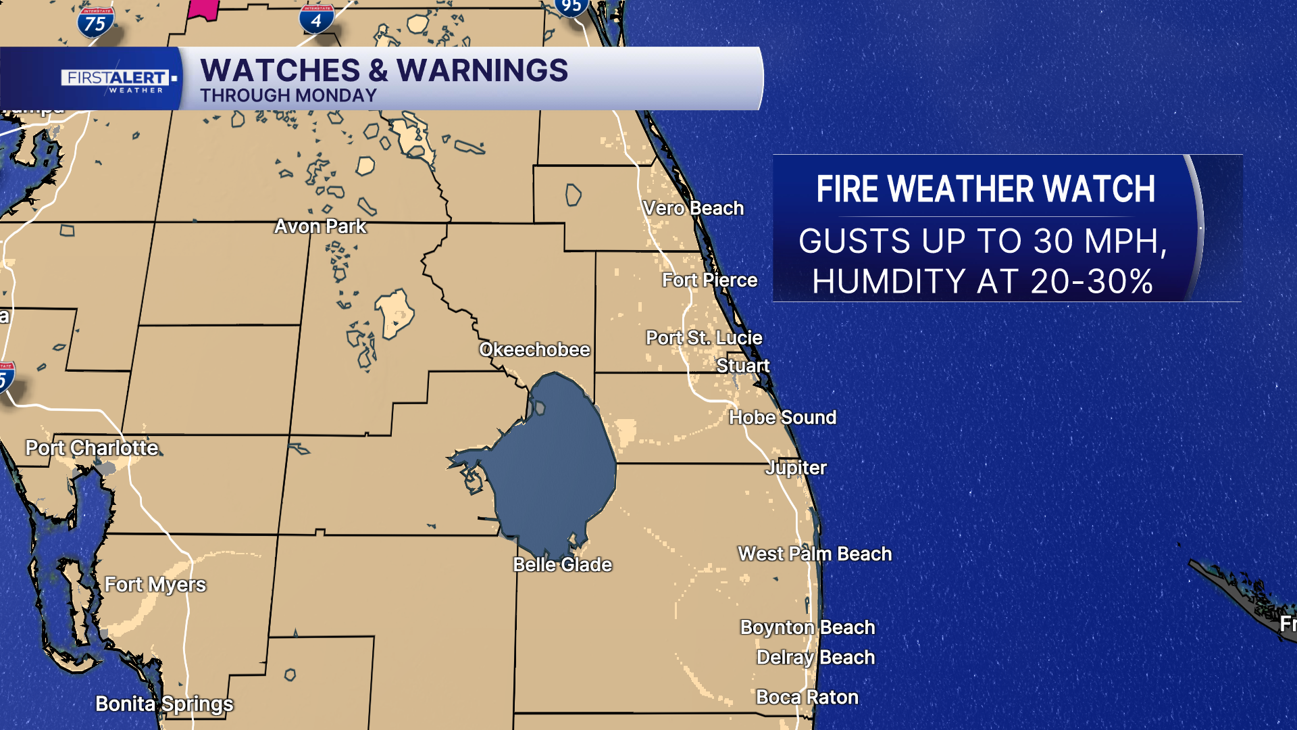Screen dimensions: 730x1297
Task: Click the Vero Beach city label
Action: (693, 208)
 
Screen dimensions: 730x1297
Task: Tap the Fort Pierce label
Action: (709, 280)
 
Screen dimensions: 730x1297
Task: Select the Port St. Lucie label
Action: (704, 337)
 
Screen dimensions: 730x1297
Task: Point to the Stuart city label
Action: (742, 366)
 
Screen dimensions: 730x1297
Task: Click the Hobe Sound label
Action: (782, 417)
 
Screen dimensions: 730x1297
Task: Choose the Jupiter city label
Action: (796, 468)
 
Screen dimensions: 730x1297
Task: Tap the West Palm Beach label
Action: (815, 554)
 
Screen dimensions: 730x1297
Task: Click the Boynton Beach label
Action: (807, 627)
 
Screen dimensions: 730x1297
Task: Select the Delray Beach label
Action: (815, 657)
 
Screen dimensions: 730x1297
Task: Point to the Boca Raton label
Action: (807, 697)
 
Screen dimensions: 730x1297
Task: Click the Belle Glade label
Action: (562, 564)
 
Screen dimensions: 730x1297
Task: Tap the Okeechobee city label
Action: (534, 349)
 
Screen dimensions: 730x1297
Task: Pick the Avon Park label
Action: (320, 226)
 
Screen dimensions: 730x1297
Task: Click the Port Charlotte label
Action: (92, 447)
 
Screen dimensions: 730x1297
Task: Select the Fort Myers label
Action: (155, 585)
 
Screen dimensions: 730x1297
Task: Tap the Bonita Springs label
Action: (164, 704)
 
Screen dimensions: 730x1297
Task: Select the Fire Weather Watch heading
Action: (985, 189)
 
